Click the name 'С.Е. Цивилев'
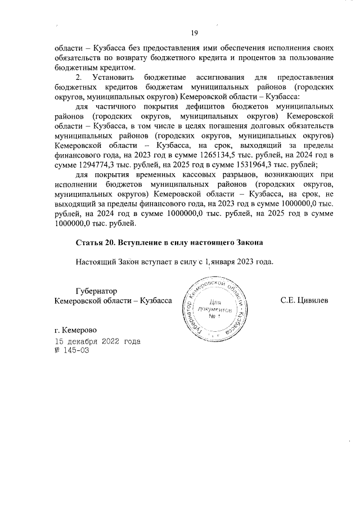[304, 301]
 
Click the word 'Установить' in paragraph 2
[110, 77]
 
